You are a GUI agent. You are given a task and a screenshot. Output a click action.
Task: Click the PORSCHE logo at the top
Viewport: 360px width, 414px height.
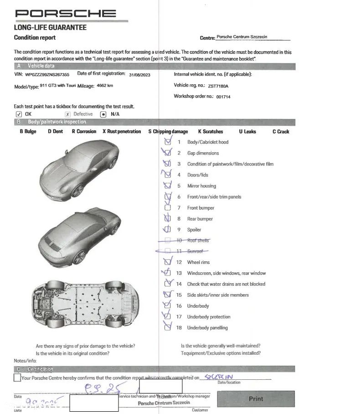pyautogui.click(x=66, y=13)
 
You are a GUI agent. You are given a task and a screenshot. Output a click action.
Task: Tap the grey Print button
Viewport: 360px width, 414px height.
pyautogui.click(x=256, y=399)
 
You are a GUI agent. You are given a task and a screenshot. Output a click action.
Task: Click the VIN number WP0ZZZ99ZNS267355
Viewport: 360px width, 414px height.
pyautogui.click(x=47, y=74)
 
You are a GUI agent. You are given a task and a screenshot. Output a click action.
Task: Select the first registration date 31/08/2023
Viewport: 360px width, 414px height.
pyautogui.click(x=143, y=75)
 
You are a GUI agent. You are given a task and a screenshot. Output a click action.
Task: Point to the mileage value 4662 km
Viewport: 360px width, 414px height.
pyautogui.click(x=105, y=86)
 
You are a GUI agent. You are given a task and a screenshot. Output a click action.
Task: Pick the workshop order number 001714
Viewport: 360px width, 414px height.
pyautogui.click(x=223, y=97)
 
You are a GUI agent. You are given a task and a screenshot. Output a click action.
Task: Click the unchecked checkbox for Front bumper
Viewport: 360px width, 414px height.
pyautogui.click(x=168, y=208)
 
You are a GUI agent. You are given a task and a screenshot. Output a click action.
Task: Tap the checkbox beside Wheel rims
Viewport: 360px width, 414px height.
pyautogui.click(x=168, y=262)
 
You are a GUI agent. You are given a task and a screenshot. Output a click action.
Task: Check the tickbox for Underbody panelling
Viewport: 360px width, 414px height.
pyautogui.click(x=168, y=327)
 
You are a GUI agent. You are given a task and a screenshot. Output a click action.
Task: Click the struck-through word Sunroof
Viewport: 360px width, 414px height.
pyautogui.click(x=195, y=251)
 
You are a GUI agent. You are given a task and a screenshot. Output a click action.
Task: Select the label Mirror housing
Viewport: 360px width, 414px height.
pyautogui.click(x=201, y=186)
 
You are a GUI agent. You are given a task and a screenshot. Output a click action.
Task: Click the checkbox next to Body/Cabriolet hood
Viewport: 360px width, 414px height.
pyautogui.click(x=168, y=142)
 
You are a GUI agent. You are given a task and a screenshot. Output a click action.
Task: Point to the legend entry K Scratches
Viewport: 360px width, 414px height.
pyautogui.click(x=211, y=131)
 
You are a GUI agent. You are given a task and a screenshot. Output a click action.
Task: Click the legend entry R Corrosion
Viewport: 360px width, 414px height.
pyautogui.click(x=84, y=131)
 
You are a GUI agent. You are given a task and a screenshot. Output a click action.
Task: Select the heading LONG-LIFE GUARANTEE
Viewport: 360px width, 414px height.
pyautogui.click(x=50, y=27)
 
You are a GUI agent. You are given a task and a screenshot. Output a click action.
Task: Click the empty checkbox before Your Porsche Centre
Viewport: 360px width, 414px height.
pyautogui.click(x=17, y=378)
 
